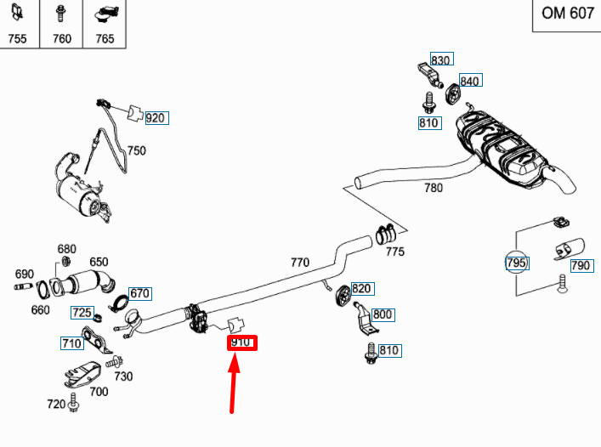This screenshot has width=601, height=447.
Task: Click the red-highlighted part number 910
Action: click(241, 343)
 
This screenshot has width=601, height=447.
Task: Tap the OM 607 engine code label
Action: click(568, 14)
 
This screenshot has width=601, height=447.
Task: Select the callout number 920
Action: click(155, 118)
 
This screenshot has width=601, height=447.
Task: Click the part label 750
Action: click(136, 151)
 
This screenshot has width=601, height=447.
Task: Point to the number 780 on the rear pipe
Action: click(434, 188)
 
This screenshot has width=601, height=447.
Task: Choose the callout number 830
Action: click(441, 60)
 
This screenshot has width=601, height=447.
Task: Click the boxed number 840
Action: click(469, 82)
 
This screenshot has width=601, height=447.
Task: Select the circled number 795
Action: click(517, 263)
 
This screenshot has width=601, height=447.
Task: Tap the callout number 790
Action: click(581, 266)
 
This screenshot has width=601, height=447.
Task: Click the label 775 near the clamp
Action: click(395, 252)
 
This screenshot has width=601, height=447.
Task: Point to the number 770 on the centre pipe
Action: click(300, 263)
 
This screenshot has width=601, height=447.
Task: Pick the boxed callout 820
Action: click(362, 289)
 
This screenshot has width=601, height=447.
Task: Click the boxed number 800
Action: click(383, 314)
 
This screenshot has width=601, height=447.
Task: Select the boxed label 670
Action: click(139, 293)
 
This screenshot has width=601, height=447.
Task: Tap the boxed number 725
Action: click(82, 312)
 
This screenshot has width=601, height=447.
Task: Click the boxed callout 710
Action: click(71, 343)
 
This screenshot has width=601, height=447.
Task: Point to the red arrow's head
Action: click(237, 360)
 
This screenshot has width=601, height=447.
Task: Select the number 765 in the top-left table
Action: click(105, 38)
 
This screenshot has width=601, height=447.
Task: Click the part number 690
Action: click(25, 274)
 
